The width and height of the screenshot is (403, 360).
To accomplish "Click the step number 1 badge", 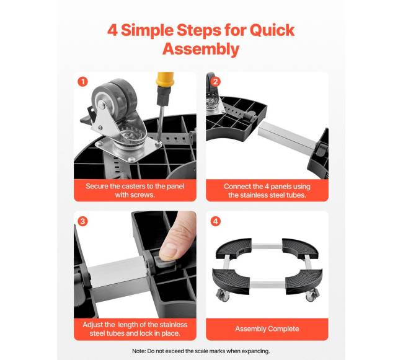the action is pyautogui.click(x=82, y=82).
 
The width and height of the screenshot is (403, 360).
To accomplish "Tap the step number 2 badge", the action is pyautogui.click(x=215, y=82).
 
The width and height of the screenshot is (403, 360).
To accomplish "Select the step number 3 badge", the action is pyautogui.click(x=82, y=221).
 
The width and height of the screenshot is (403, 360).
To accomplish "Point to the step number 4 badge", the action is pyautogui.click(x=215, y=221).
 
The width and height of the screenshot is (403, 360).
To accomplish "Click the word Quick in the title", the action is pyautogui.click(x=272, y=31).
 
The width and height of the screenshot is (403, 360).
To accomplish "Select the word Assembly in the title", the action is pyautogui.click(x=201, y=49).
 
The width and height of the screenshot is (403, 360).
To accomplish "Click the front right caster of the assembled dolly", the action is pyautogui.click(x=312, y=295).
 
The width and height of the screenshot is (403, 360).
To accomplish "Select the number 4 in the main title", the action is pyautogui.click(x=112, y=31).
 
